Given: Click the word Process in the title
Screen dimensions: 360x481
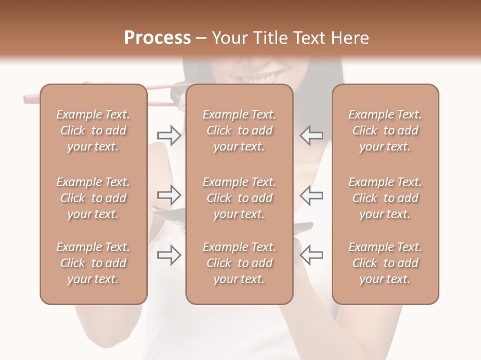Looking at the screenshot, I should pyautogui.click(x=157, y=38).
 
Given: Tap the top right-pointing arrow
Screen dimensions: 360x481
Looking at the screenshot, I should pyautogui.click(x=169, y=135).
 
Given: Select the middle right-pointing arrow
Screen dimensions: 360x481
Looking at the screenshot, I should pyautogui.click(x=169, y=195).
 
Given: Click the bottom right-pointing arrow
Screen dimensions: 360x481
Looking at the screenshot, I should pyautogui.click(x=169, y=255).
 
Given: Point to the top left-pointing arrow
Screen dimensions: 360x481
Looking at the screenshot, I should pyautogui.click(x=311, y=135).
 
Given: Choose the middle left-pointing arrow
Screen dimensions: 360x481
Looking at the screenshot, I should pyautogui.click(x=311, y=195).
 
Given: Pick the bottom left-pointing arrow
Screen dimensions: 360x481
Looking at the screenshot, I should pyautogui.click(x=311, y=255).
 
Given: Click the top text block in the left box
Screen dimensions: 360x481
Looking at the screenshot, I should pyautogui.click(x=93, y=130).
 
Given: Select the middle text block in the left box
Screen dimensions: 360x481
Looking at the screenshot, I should pyautogui.click(x=93, y=198).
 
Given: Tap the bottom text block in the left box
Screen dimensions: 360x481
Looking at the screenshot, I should pyautogui.click(x=93, y=263).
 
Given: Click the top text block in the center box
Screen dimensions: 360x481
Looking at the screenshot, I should pyautogui.click(x=239, y=130).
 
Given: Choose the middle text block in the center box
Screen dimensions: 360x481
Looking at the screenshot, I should pyautogui.click(x=239, y=198).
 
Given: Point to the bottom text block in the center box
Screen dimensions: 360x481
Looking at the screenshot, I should pyautogui.click(x=239, y=263).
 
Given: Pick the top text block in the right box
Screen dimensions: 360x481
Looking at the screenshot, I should pyautogui.click(x=385, y=130).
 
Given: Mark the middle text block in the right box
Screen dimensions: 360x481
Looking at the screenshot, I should pyautogui.click(x=385, y=198).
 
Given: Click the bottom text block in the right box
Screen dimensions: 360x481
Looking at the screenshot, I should pyautogui.click(x=385, y=263).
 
